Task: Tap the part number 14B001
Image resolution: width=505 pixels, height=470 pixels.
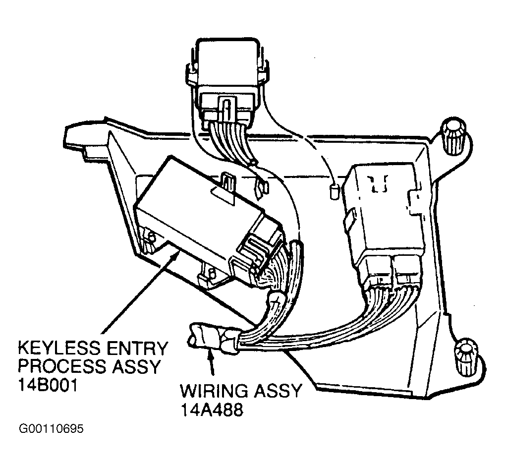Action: pos(48,385)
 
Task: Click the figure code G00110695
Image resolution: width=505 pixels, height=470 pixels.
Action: pos(51,429)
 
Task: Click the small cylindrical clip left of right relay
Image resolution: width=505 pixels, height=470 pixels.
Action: pos(335,192)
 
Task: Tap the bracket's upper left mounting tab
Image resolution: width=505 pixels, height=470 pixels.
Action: pos(84,137)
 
